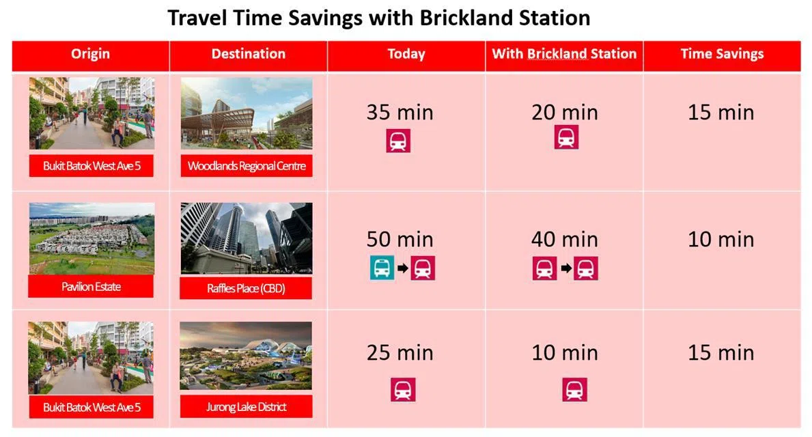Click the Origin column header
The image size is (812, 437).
coord(91,54)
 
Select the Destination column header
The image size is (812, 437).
coord(249,54)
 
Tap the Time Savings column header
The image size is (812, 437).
coord(722,54)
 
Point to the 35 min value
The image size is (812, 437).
coord(400,113)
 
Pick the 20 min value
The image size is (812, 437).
coord(565,113)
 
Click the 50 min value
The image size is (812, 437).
coord(400,239)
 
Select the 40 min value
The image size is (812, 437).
coord(565,239)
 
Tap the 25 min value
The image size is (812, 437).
coord(400,352)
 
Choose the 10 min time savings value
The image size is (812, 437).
coord(721,239)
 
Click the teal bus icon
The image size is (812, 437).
coord(382,268)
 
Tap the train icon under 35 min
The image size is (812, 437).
coord(398,140)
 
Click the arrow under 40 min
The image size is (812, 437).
coord(566,268)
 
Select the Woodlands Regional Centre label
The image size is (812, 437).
coord(247,166)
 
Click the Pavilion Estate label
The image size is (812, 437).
coord(91,286)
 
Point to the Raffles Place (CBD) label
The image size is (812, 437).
coord(246,288)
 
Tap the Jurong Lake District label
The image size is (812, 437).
coord(246,407)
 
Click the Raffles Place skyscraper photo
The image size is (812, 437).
coord(247,238)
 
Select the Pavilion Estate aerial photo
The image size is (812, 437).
coord(92,238)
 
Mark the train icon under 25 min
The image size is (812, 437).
coord(403,390)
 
